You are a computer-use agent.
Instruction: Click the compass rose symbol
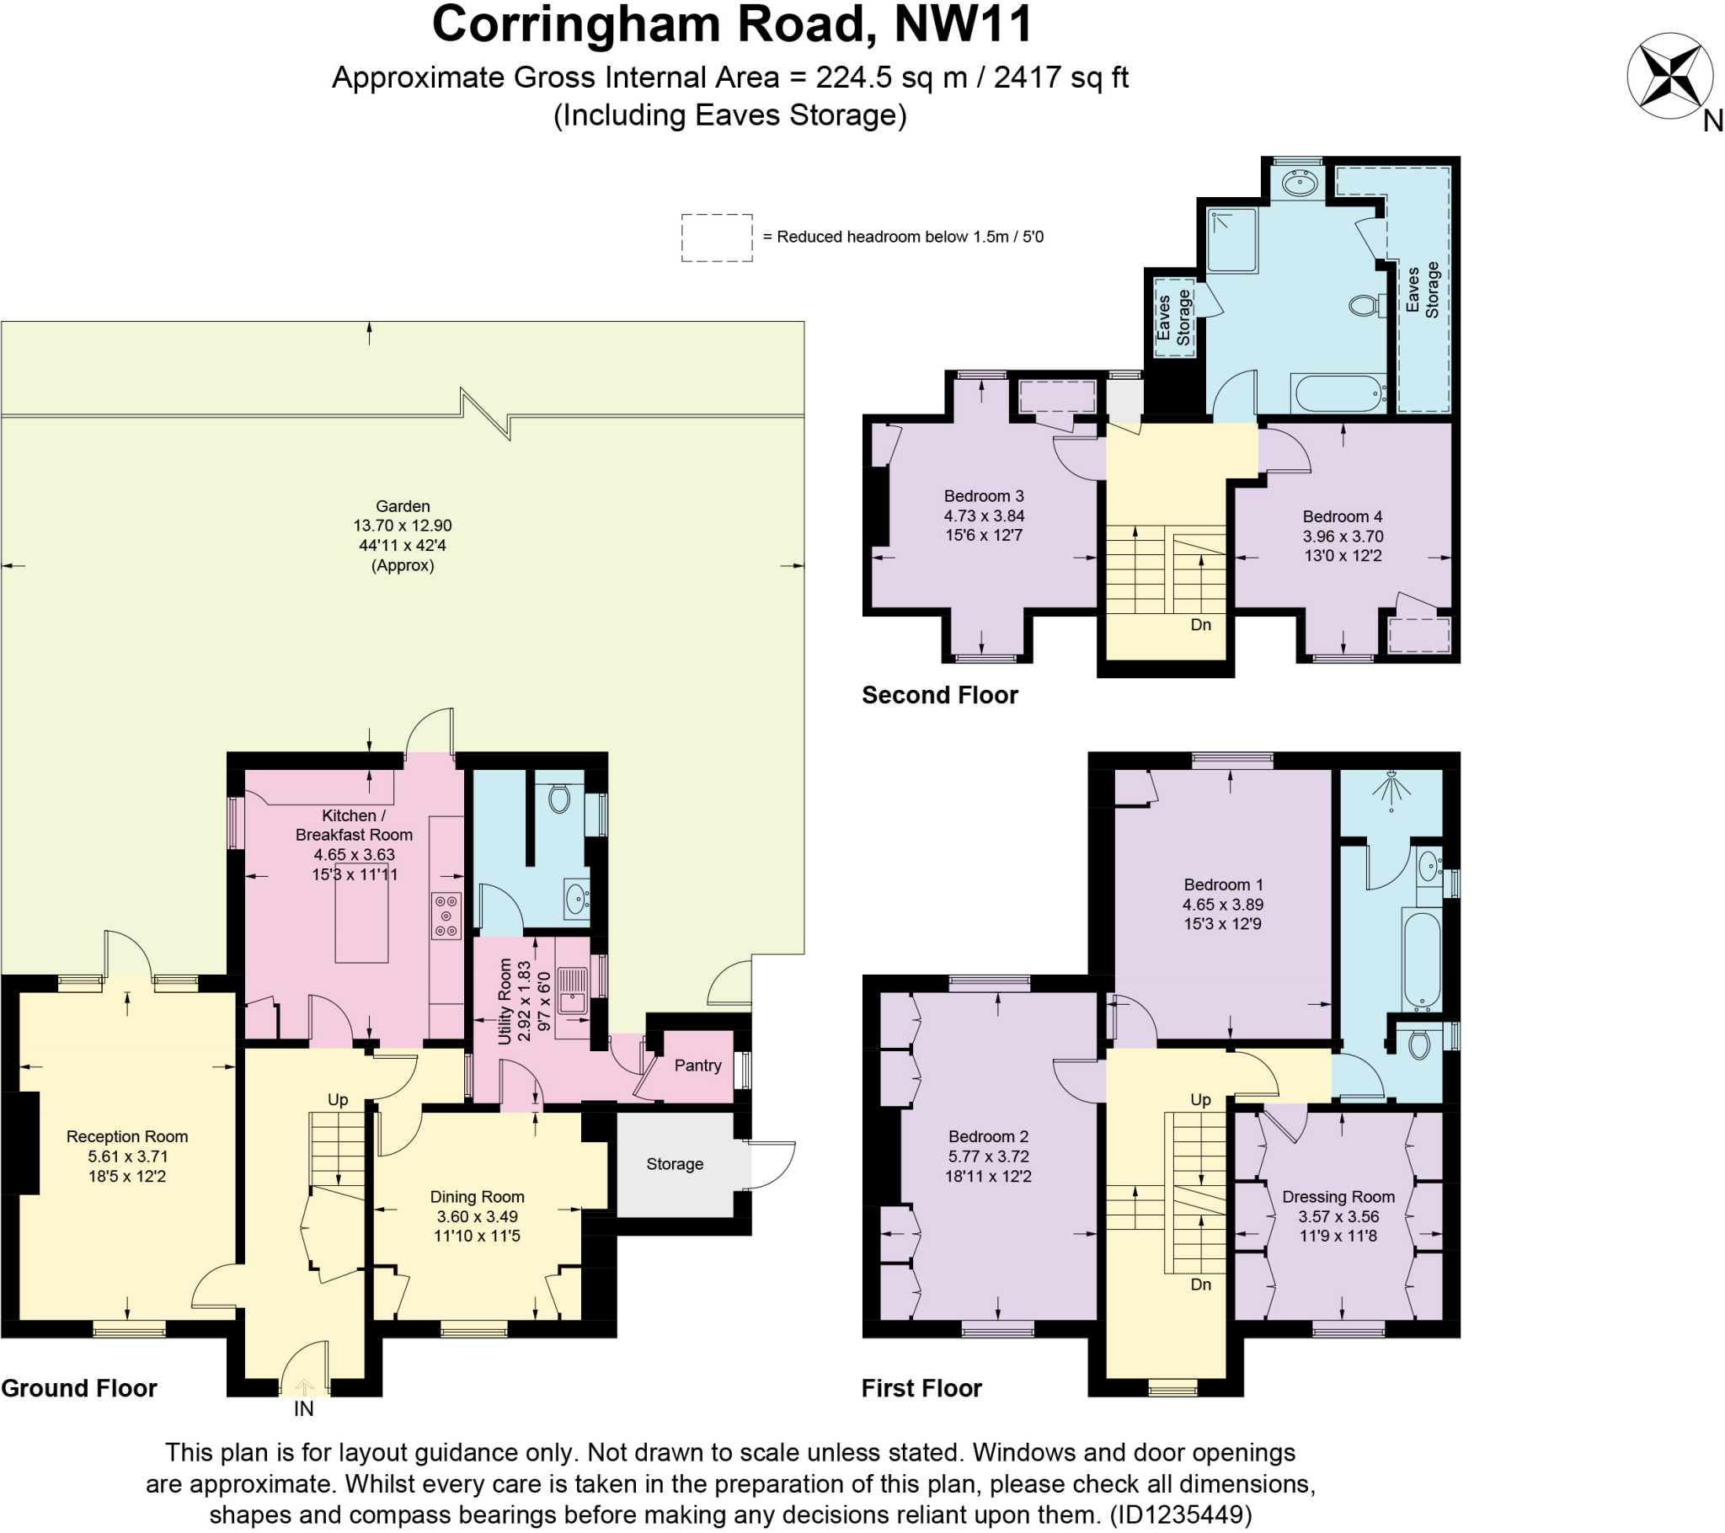pyautogui.click(x=1670, y=75)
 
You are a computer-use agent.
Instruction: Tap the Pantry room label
pyautogui.click(x=697, y=1066)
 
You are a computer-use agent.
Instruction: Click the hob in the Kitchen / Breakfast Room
pyautogui.click(x=446, y=916)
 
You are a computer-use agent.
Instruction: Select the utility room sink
pyautogui.click(x=573, y=990)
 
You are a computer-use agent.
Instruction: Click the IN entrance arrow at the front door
pyautogui.click(x=304, y=1387)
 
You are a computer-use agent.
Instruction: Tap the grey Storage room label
pyautogui.click(x=675, y=1164)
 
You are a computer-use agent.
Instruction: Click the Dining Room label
pyautogui.click(x=477, y=1197)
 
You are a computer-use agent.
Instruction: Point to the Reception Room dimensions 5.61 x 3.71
pyautogui.click(x=127, y=1156)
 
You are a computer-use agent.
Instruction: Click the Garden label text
pyautogui.click(x=403, y=506)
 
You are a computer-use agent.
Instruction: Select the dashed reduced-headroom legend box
pyautogui.click(x=717, y=238)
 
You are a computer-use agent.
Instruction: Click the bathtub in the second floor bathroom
pyautogui.click(x=1338, y=393)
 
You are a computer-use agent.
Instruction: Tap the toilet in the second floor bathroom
pyautogui.click(x=1363, y=304)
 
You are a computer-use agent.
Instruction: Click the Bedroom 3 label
pyautogui.click(x=983, y=496)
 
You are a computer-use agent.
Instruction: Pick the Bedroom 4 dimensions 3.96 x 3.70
pyautogui.click(x=1343, y=536)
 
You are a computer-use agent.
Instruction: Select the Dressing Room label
pyautogui.click(x=1338, y=1197)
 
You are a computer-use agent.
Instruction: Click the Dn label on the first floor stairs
pyautogui.click(x=1200, y=1284)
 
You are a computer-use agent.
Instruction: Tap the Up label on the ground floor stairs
pyautogui.click(x=338, y=1100)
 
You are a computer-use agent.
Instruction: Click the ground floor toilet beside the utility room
pyautogui.click(x=558, y=798)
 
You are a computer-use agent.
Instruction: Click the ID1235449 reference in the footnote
pyautogui.click(x=1180, y=1514)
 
